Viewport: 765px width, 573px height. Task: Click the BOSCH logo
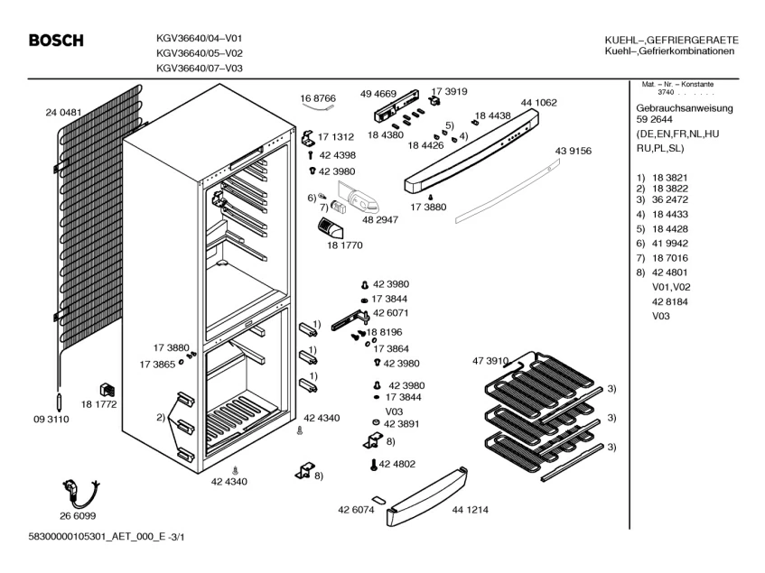click(x=56, y=41)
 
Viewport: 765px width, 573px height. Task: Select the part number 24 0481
click(x=63, y=113)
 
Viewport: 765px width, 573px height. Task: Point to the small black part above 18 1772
click(x=106, y=391)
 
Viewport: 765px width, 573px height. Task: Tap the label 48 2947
click(x=381, y=220)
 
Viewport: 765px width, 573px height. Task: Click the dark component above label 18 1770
click(x=331, y=228)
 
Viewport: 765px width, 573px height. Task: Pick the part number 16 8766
click(x=318, y=97)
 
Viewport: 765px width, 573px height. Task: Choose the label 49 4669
click(x=378, y=94)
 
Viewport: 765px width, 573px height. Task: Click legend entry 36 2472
click(x=669, y=199)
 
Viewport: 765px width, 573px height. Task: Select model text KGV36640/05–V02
click(x=199, y=53)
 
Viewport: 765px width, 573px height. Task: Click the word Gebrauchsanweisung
click(x=685, y=107)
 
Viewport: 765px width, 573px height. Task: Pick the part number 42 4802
click(x=397, y=464)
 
